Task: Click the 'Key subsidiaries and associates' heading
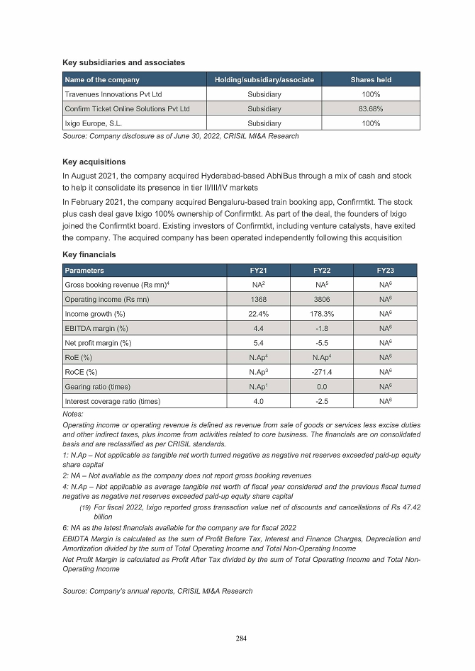[124, 62]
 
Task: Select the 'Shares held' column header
[371, 79]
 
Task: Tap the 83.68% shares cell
[371, 108]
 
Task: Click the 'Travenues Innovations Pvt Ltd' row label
[113, 94]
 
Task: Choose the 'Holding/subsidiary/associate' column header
[264, 79]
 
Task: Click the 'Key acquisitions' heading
[94, 162]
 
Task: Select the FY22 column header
[322, 270]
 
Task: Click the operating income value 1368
[259, 299]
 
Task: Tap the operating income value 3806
[322, 299]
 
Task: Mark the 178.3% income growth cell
[322, 313]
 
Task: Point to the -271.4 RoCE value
[322, 372]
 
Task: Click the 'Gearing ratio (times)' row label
[96, 387]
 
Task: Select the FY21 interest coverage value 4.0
[259, 401]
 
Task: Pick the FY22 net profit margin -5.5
[322, 343]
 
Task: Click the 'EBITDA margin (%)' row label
[96, 328]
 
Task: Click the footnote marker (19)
[84, 507]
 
